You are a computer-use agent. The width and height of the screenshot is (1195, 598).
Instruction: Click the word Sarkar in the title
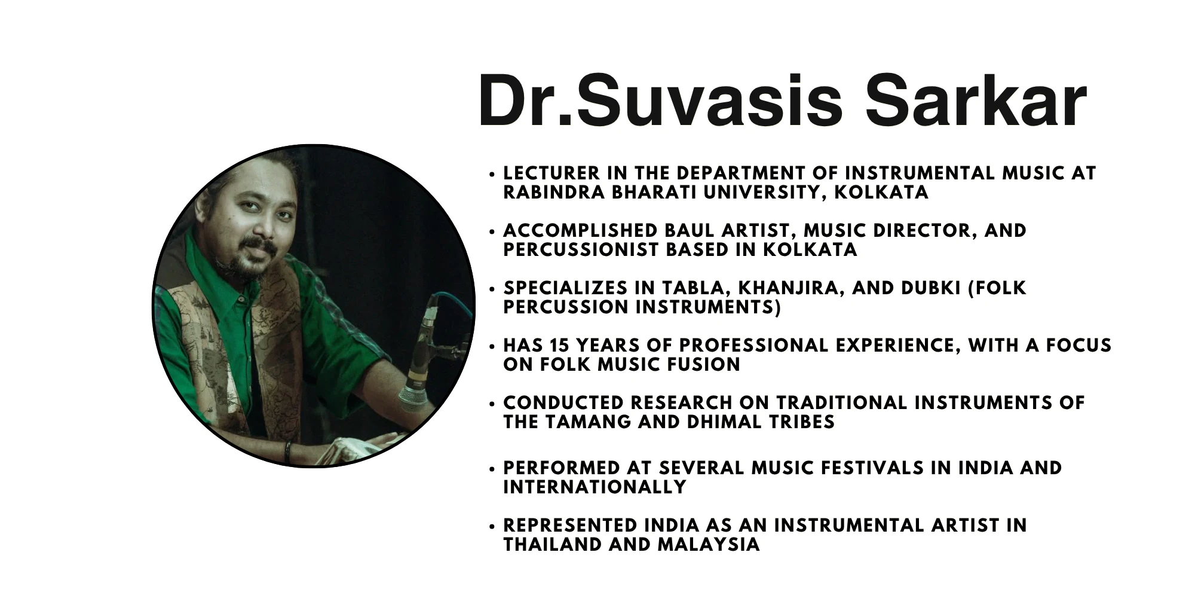pos(976,100)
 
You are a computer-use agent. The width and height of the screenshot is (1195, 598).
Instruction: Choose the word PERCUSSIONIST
pos(580,250)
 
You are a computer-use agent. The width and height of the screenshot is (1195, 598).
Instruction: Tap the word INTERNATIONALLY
pos(595,487)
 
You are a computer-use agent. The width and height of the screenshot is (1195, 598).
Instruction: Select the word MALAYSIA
pos(709,545)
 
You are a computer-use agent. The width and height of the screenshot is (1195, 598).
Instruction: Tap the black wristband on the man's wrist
pos(288,452)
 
